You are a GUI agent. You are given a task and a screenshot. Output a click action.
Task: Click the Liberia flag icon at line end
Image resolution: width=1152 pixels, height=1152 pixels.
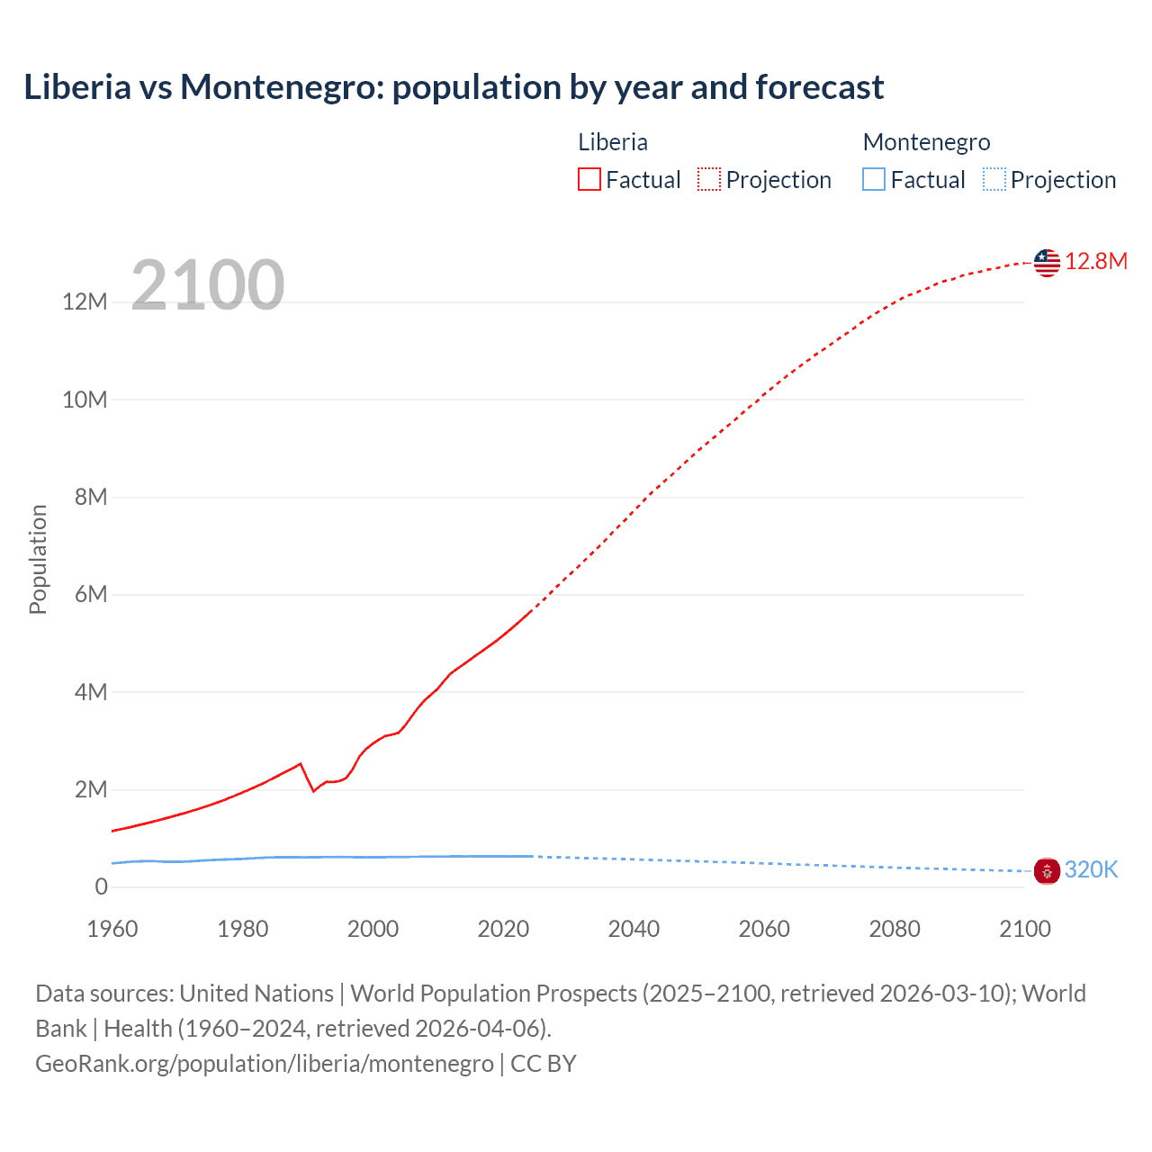coord(1047,263)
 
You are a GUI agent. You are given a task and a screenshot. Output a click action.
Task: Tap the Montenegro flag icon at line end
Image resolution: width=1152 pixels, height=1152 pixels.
coord(1047,870)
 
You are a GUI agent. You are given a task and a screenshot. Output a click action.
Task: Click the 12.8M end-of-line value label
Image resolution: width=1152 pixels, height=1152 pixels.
coord(1095,262)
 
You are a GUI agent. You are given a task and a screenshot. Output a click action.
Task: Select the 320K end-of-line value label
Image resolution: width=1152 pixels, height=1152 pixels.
coord(1091,869)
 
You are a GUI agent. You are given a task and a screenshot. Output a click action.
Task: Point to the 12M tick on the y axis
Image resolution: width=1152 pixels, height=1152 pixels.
coord(85,301)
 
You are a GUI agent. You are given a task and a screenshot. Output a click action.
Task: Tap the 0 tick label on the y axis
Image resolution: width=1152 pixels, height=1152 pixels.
coord(101,886)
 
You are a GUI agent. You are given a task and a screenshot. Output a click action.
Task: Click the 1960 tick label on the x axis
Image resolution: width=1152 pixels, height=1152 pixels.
coord(112,929)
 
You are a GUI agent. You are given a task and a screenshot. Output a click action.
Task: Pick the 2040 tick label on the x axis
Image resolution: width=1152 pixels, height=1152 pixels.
coord(634,929)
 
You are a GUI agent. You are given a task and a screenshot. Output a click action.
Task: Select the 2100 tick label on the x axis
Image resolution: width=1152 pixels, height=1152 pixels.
coord(1024,929)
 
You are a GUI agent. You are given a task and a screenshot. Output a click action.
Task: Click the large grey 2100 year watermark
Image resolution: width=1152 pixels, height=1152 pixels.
coord(208,285)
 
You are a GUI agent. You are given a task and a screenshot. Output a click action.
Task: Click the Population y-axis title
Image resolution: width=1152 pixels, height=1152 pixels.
coord(38,559)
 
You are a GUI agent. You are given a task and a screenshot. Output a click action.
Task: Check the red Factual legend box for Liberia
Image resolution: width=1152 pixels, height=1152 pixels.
coord(589,179)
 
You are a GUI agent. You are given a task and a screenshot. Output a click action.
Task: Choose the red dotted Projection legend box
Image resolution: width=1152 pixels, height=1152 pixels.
coord(709,179)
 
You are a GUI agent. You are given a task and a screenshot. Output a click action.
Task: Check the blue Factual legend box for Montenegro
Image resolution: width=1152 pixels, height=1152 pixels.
coord(874,179)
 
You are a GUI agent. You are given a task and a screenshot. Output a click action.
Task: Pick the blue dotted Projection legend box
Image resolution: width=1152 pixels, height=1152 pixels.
coord(994,179)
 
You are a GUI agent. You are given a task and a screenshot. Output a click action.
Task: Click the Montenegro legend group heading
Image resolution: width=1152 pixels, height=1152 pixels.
coord(926,142)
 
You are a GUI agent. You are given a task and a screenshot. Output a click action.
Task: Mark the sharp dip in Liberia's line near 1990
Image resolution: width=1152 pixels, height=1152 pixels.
coord(313,790)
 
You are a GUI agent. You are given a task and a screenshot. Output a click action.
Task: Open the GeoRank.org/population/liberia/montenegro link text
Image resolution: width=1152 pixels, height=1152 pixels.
coord(265,1064)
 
